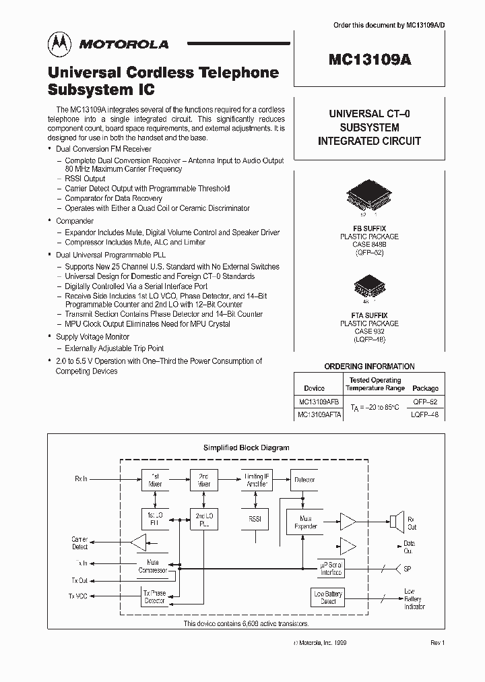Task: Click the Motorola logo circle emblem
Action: [59, 44]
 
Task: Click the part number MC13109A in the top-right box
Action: [369, 59]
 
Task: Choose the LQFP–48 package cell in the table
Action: [425, 415]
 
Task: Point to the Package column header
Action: [425, 388]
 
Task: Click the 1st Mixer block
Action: [155, 480]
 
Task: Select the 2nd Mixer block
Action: [203, 480]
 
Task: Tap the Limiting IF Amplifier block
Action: [255, 480]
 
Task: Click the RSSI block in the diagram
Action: [255, 520]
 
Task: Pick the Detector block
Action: [304, 480]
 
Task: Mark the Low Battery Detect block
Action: [328, 597]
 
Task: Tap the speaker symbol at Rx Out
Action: [395, 521]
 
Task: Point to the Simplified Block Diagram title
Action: [246, 447]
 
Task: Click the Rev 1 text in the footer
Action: [438, 643]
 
